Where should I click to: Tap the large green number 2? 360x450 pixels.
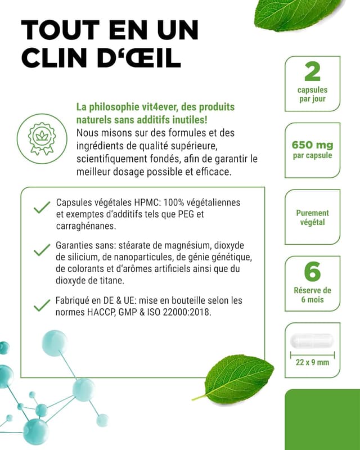312,72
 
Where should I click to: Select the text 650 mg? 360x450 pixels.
312,145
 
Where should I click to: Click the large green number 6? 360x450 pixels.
312,272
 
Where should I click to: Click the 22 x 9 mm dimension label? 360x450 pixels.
312,362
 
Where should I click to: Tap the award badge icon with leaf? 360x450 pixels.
48,137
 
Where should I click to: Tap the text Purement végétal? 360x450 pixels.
312,217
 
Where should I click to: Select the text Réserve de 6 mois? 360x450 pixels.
312,295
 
